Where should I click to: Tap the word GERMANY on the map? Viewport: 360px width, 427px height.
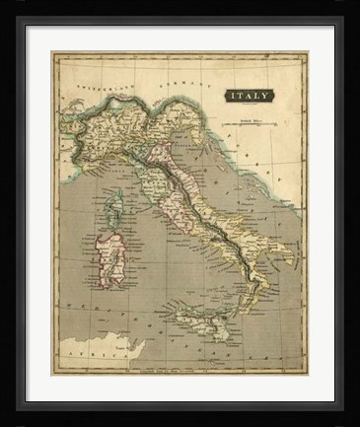pos(184,78)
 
